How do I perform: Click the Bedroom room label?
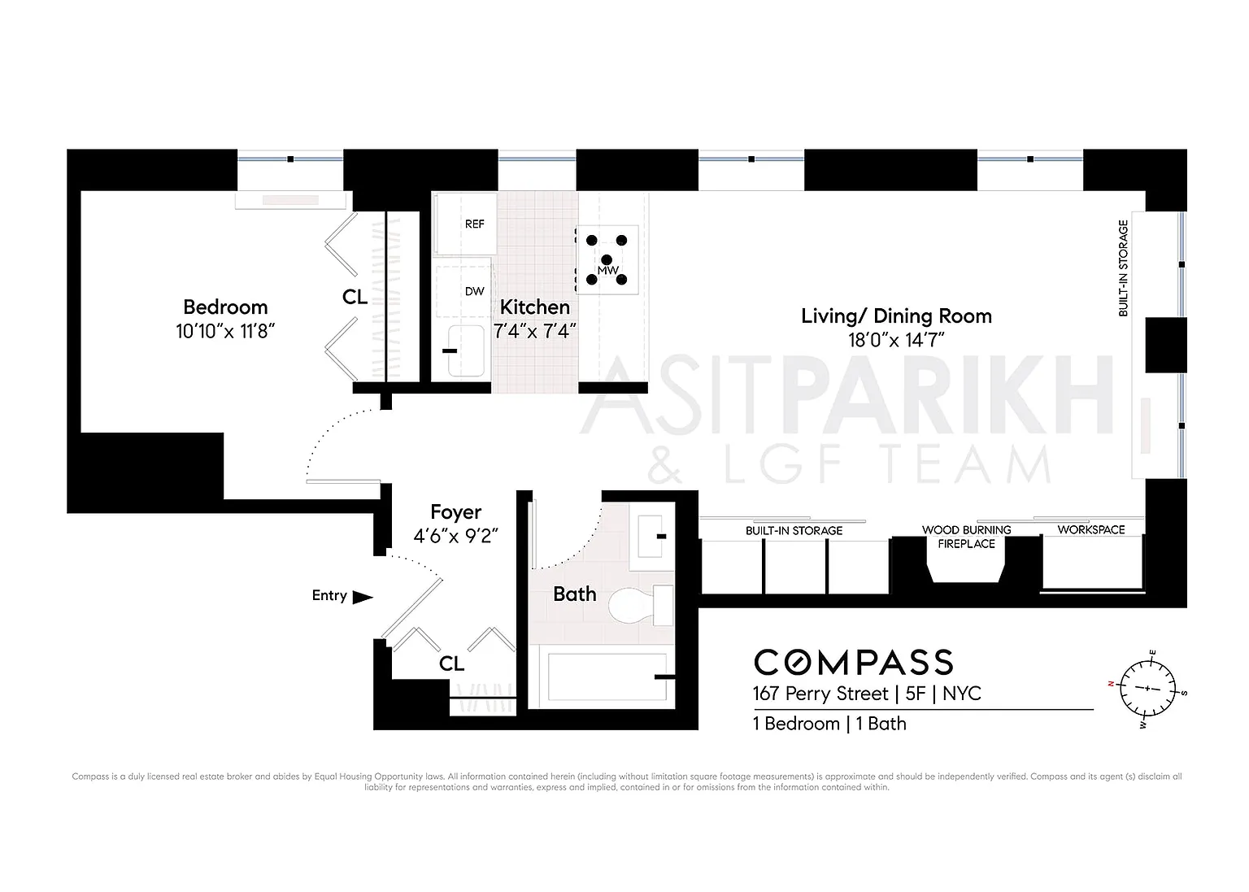click(x=225, y=307)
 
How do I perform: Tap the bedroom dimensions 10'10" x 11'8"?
click(x=225, y=331)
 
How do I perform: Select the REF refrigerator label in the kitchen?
click(x=475, y=224)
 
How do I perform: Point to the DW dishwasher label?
click(x=475, y=291)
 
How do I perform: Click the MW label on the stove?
click(x=607, y=271)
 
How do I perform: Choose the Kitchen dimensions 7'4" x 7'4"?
click(x=534, y=331)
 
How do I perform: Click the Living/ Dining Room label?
click(x=897, y=316)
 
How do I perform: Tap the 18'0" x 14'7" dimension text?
click(x=897, y=340)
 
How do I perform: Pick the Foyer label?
click(x=456, y=512)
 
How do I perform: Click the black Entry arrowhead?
click(x=363, y=597)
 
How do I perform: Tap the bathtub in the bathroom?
click(x=607, y=677)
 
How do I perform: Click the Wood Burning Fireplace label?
click(x=966, y=537)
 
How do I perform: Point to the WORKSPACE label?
click(x=1091, y=529)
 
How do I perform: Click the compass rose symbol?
click(x=1147, y=688)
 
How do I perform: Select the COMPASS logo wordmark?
click(x=854, y=663)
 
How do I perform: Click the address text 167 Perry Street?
click(x=820, y=694)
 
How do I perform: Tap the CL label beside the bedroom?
click(x=355, y=297)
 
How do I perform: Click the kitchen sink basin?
click(x=466, y=350)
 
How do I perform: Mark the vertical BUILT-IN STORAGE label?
click(x=1124, y=268)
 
